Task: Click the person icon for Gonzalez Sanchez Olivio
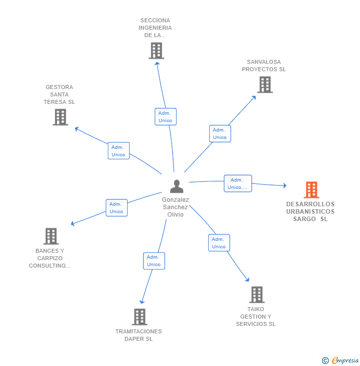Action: click(177, 186)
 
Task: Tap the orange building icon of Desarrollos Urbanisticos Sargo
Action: click(311, 190)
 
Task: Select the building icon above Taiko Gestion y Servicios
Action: click(257, 295)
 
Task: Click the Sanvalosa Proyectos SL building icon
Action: click(265, 85)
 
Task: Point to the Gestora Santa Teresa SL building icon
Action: click(60, 117)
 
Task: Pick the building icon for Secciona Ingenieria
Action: click(156, 50)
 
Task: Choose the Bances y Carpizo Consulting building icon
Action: click(51, 236)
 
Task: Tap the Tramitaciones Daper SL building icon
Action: click(140, 317)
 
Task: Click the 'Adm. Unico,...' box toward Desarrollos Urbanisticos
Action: click(238, 183)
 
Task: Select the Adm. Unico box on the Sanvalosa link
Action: click(220, 134)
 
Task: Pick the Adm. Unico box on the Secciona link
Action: click(165, 117)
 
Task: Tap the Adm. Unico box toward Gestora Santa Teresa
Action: click(119, 151)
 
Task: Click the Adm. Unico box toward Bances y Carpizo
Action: click(117, 208)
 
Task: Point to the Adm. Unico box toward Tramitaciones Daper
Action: click(154, 261)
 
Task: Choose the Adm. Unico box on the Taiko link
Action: click(219, 243)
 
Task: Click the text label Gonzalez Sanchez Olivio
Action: click(176, 207)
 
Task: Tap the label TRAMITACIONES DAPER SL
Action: click(138, 335)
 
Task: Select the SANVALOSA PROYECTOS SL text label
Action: click(264, 66)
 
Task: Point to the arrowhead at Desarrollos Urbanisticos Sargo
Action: click(285, 185)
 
